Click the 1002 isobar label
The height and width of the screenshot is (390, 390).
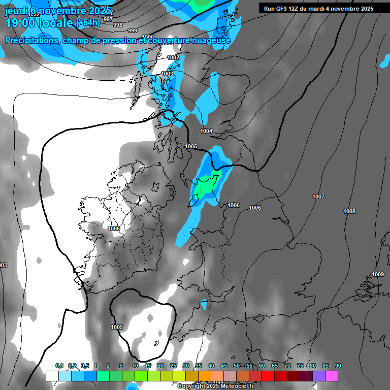tap(173, 57)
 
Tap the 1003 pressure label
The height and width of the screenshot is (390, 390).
tap(167, 74)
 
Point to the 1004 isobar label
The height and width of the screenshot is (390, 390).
tap(206, 132)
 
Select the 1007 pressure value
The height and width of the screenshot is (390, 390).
tap(318, 197)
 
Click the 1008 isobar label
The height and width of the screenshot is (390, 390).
tap(349, 211)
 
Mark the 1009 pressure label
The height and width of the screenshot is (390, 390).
tap(378, 274)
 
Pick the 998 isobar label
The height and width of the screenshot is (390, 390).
tap(117, 25)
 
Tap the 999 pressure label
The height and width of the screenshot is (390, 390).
tap(133, 30)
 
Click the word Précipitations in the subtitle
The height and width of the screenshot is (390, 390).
tap(30, 41)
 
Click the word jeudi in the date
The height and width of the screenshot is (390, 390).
tap(15, 10)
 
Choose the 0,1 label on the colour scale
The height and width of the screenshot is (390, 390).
tap(59, 366)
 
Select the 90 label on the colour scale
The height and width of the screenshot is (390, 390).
tap(338, 366)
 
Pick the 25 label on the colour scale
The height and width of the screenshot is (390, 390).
tap(173, 366)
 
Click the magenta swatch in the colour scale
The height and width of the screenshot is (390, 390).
tap(332, 376)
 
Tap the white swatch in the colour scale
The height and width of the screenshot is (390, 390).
tap(52, 376)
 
